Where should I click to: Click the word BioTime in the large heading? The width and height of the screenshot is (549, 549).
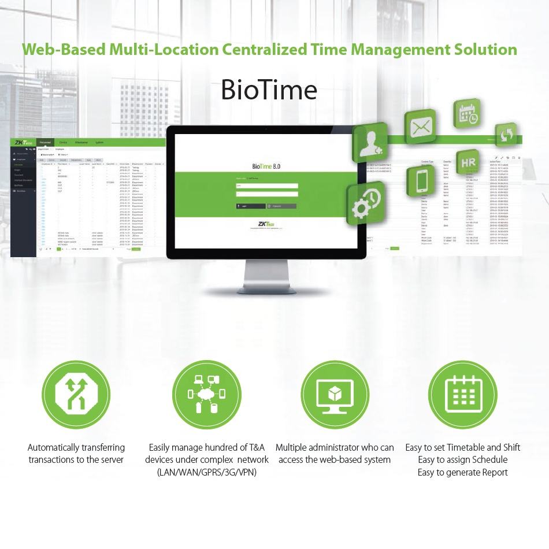(269, 90)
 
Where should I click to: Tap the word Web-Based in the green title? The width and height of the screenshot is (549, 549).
(64, 49)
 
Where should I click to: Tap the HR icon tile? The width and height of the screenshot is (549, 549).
(468, 163)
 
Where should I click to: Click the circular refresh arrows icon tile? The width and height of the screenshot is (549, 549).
(506, 135)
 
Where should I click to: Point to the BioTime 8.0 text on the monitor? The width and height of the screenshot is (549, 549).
(266, 166)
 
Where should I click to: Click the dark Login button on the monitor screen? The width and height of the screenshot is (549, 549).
(250, 206)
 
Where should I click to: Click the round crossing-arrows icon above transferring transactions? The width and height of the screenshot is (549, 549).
(76, 395)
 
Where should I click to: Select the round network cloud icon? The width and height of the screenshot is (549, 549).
(207, 395)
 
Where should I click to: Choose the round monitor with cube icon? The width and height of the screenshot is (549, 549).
(335, 395)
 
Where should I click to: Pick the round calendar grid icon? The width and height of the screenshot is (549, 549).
(463, 395)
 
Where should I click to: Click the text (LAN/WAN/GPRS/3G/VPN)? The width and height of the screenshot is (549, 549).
(207, 472)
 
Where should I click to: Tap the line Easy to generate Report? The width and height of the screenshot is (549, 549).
(463, 472)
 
